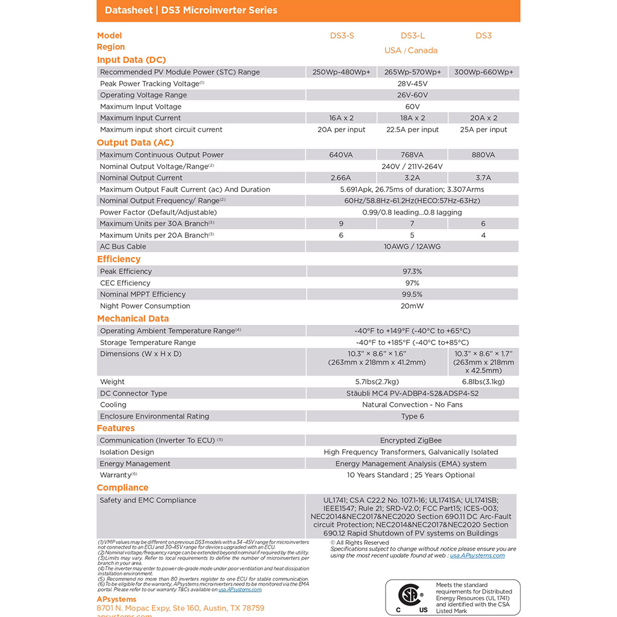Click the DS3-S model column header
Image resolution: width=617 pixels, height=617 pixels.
tap(342, 36)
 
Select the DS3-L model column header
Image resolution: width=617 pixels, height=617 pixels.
tap(413, 36)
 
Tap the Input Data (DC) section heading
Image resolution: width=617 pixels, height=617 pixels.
tap(131, 60)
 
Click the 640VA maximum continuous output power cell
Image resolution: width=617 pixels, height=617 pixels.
tap(341, 155)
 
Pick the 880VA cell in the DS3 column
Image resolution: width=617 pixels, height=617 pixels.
tap(483, 155)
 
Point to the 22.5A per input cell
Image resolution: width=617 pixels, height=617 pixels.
tap(412, 130)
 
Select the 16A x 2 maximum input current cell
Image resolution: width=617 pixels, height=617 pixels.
tap(341, 118)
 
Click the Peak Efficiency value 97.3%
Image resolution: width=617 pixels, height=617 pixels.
tap(412, 272)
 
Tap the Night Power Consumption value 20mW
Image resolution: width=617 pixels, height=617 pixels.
tap(412, 306)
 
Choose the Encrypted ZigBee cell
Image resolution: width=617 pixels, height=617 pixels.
tap(411, 440)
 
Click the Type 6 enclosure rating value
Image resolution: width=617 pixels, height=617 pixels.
tap(412, 416)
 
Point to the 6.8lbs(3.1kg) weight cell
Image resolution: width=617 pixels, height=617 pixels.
tap(483, 381)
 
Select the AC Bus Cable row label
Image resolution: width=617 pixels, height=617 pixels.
tap(123, 246)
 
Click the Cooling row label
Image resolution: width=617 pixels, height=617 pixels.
tap(113, 405)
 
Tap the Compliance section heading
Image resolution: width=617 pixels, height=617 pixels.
tap(122, 487)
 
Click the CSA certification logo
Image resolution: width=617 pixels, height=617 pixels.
tap(409, 597)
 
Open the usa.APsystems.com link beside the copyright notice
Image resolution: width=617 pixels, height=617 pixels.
tap(477, 556)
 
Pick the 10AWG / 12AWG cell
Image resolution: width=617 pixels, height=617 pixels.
tap(412, 246)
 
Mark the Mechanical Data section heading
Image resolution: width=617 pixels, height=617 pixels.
tap(133, 319)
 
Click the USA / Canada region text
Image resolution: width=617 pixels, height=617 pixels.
tap(411, 51)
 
